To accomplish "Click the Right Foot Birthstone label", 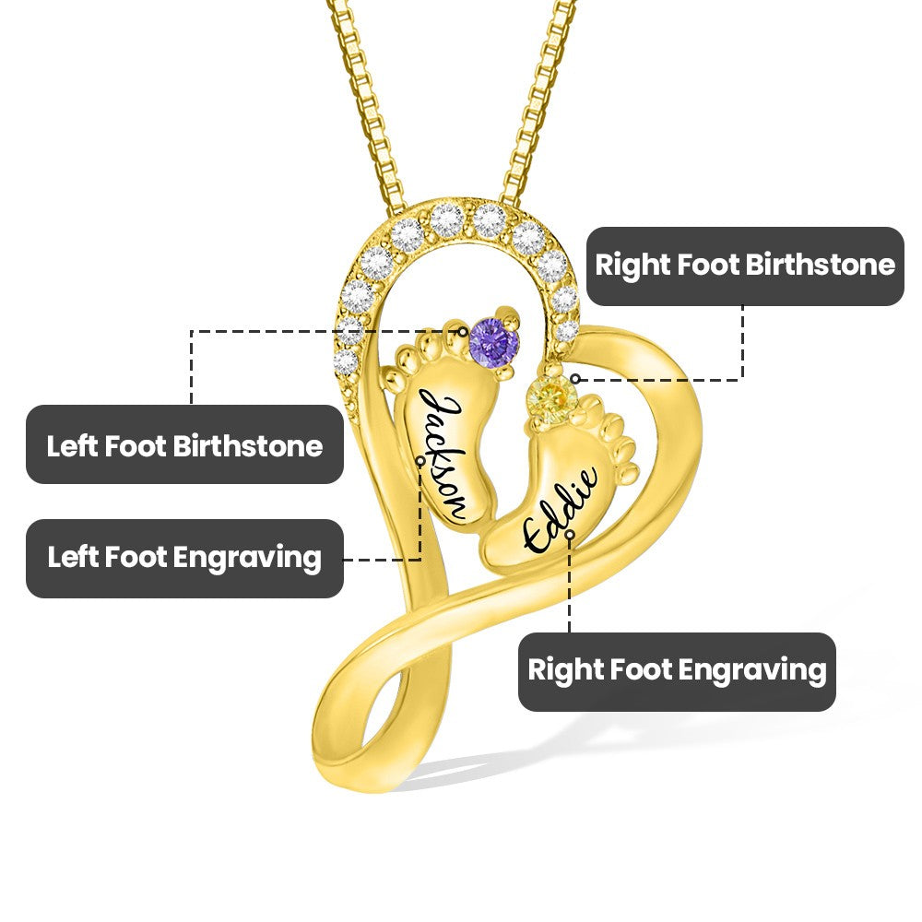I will [745, 266].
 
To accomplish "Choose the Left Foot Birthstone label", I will [184, 445].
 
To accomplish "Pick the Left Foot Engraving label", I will [184, 558].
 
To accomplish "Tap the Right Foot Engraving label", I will [677, 670].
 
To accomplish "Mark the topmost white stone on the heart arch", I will [447, 219].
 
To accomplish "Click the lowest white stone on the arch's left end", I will [346, 361].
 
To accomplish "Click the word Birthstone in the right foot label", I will [820, 266].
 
